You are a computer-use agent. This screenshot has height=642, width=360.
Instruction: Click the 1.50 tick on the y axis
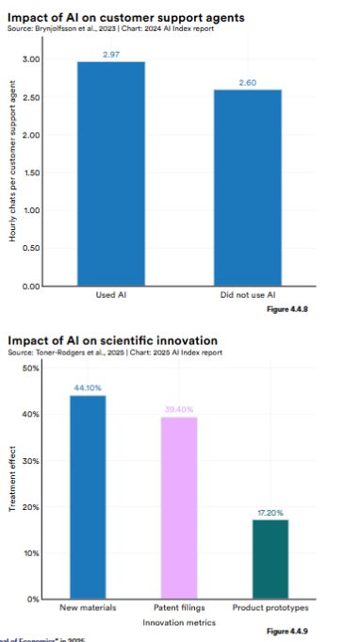31,173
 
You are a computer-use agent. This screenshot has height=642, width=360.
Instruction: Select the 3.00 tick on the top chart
31,59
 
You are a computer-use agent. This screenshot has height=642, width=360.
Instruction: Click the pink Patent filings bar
179,507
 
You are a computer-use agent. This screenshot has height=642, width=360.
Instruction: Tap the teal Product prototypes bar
270,559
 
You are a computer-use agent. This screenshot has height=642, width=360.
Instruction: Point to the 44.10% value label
87,387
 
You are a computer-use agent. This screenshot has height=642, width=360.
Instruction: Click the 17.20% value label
270,512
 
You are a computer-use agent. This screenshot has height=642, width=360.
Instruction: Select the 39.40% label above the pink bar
179,409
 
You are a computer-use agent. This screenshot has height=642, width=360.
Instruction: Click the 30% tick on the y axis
31,461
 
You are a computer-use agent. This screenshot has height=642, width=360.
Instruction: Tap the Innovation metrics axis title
177,623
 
